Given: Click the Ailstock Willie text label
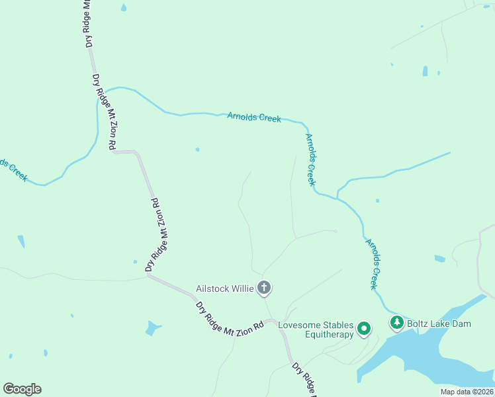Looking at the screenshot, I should (x=224, y=288).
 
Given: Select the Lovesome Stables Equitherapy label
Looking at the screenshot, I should (x=315, y=330).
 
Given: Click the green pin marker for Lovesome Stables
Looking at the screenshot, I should (x=363, y=328).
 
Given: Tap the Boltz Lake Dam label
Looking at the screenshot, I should (x=439, y=324).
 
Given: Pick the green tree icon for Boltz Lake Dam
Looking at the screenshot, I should (x=396, y=323).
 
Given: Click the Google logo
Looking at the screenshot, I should (x=22, y=389).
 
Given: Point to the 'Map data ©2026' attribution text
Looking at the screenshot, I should (x=467, y=392).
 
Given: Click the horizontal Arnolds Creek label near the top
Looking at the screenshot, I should (x=254, y=117).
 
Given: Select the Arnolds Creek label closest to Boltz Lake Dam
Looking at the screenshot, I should (x=374, y=264).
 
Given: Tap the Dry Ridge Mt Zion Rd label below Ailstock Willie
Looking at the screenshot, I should (x=230, y=316).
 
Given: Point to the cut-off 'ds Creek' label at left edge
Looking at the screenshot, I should (x=13, y=169).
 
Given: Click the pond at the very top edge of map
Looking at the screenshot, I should (x=123, y=8).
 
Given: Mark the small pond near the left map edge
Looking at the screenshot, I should (x=21, y=241).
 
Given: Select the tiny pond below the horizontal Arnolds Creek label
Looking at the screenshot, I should (x=197, y=150).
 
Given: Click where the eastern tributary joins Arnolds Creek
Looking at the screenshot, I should (x=337, y=197).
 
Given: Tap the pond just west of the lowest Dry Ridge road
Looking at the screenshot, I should (x=153, y=328).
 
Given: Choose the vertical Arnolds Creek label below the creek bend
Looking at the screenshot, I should (x=310, y=159).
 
